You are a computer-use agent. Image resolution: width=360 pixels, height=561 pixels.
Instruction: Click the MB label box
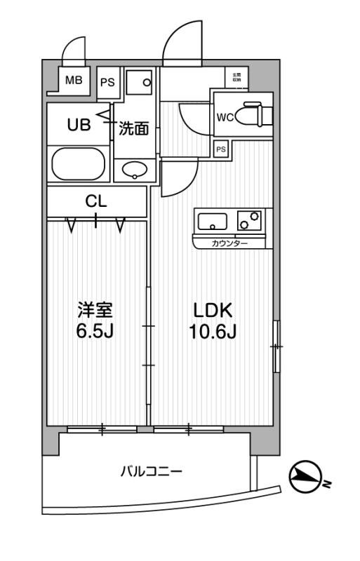coord(74,80)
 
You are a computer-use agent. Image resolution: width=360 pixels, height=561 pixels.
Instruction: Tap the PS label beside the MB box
coord(107,83)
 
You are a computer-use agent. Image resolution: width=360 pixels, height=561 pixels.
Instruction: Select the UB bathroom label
coord(78,126)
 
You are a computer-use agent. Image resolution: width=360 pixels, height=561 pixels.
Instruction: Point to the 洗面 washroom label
coord(133,128)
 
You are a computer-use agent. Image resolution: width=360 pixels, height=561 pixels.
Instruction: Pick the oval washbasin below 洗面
coord(134,169)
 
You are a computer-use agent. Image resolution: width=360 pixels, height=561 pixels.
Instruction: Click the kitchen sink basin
coord(213,222)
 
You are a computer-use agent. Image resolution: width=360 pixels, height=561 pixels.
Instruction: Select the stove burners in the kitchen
coord(249,221)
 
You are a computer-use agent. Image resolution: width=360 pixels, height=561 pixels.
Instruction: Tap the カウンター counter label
coord(229,243)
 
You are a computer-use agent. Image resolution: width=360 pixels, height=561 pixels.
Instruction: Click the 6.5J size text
coord(95,330)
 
